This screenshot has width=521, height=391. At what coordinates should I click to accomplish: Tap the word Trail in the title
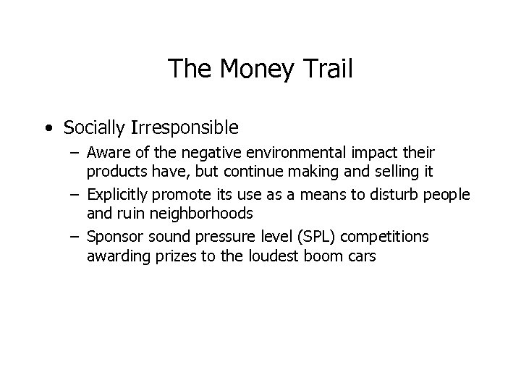(x=327, y=69)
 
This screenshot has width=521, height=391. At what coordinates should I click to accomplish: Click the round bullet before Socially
(x=47, y=129)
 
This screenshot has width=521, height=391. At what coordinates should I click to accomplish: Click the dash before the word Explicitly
(x=76, y=195)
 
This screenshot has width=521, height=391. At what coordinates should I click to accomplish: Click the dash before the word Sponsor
(x=76, y=236)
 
